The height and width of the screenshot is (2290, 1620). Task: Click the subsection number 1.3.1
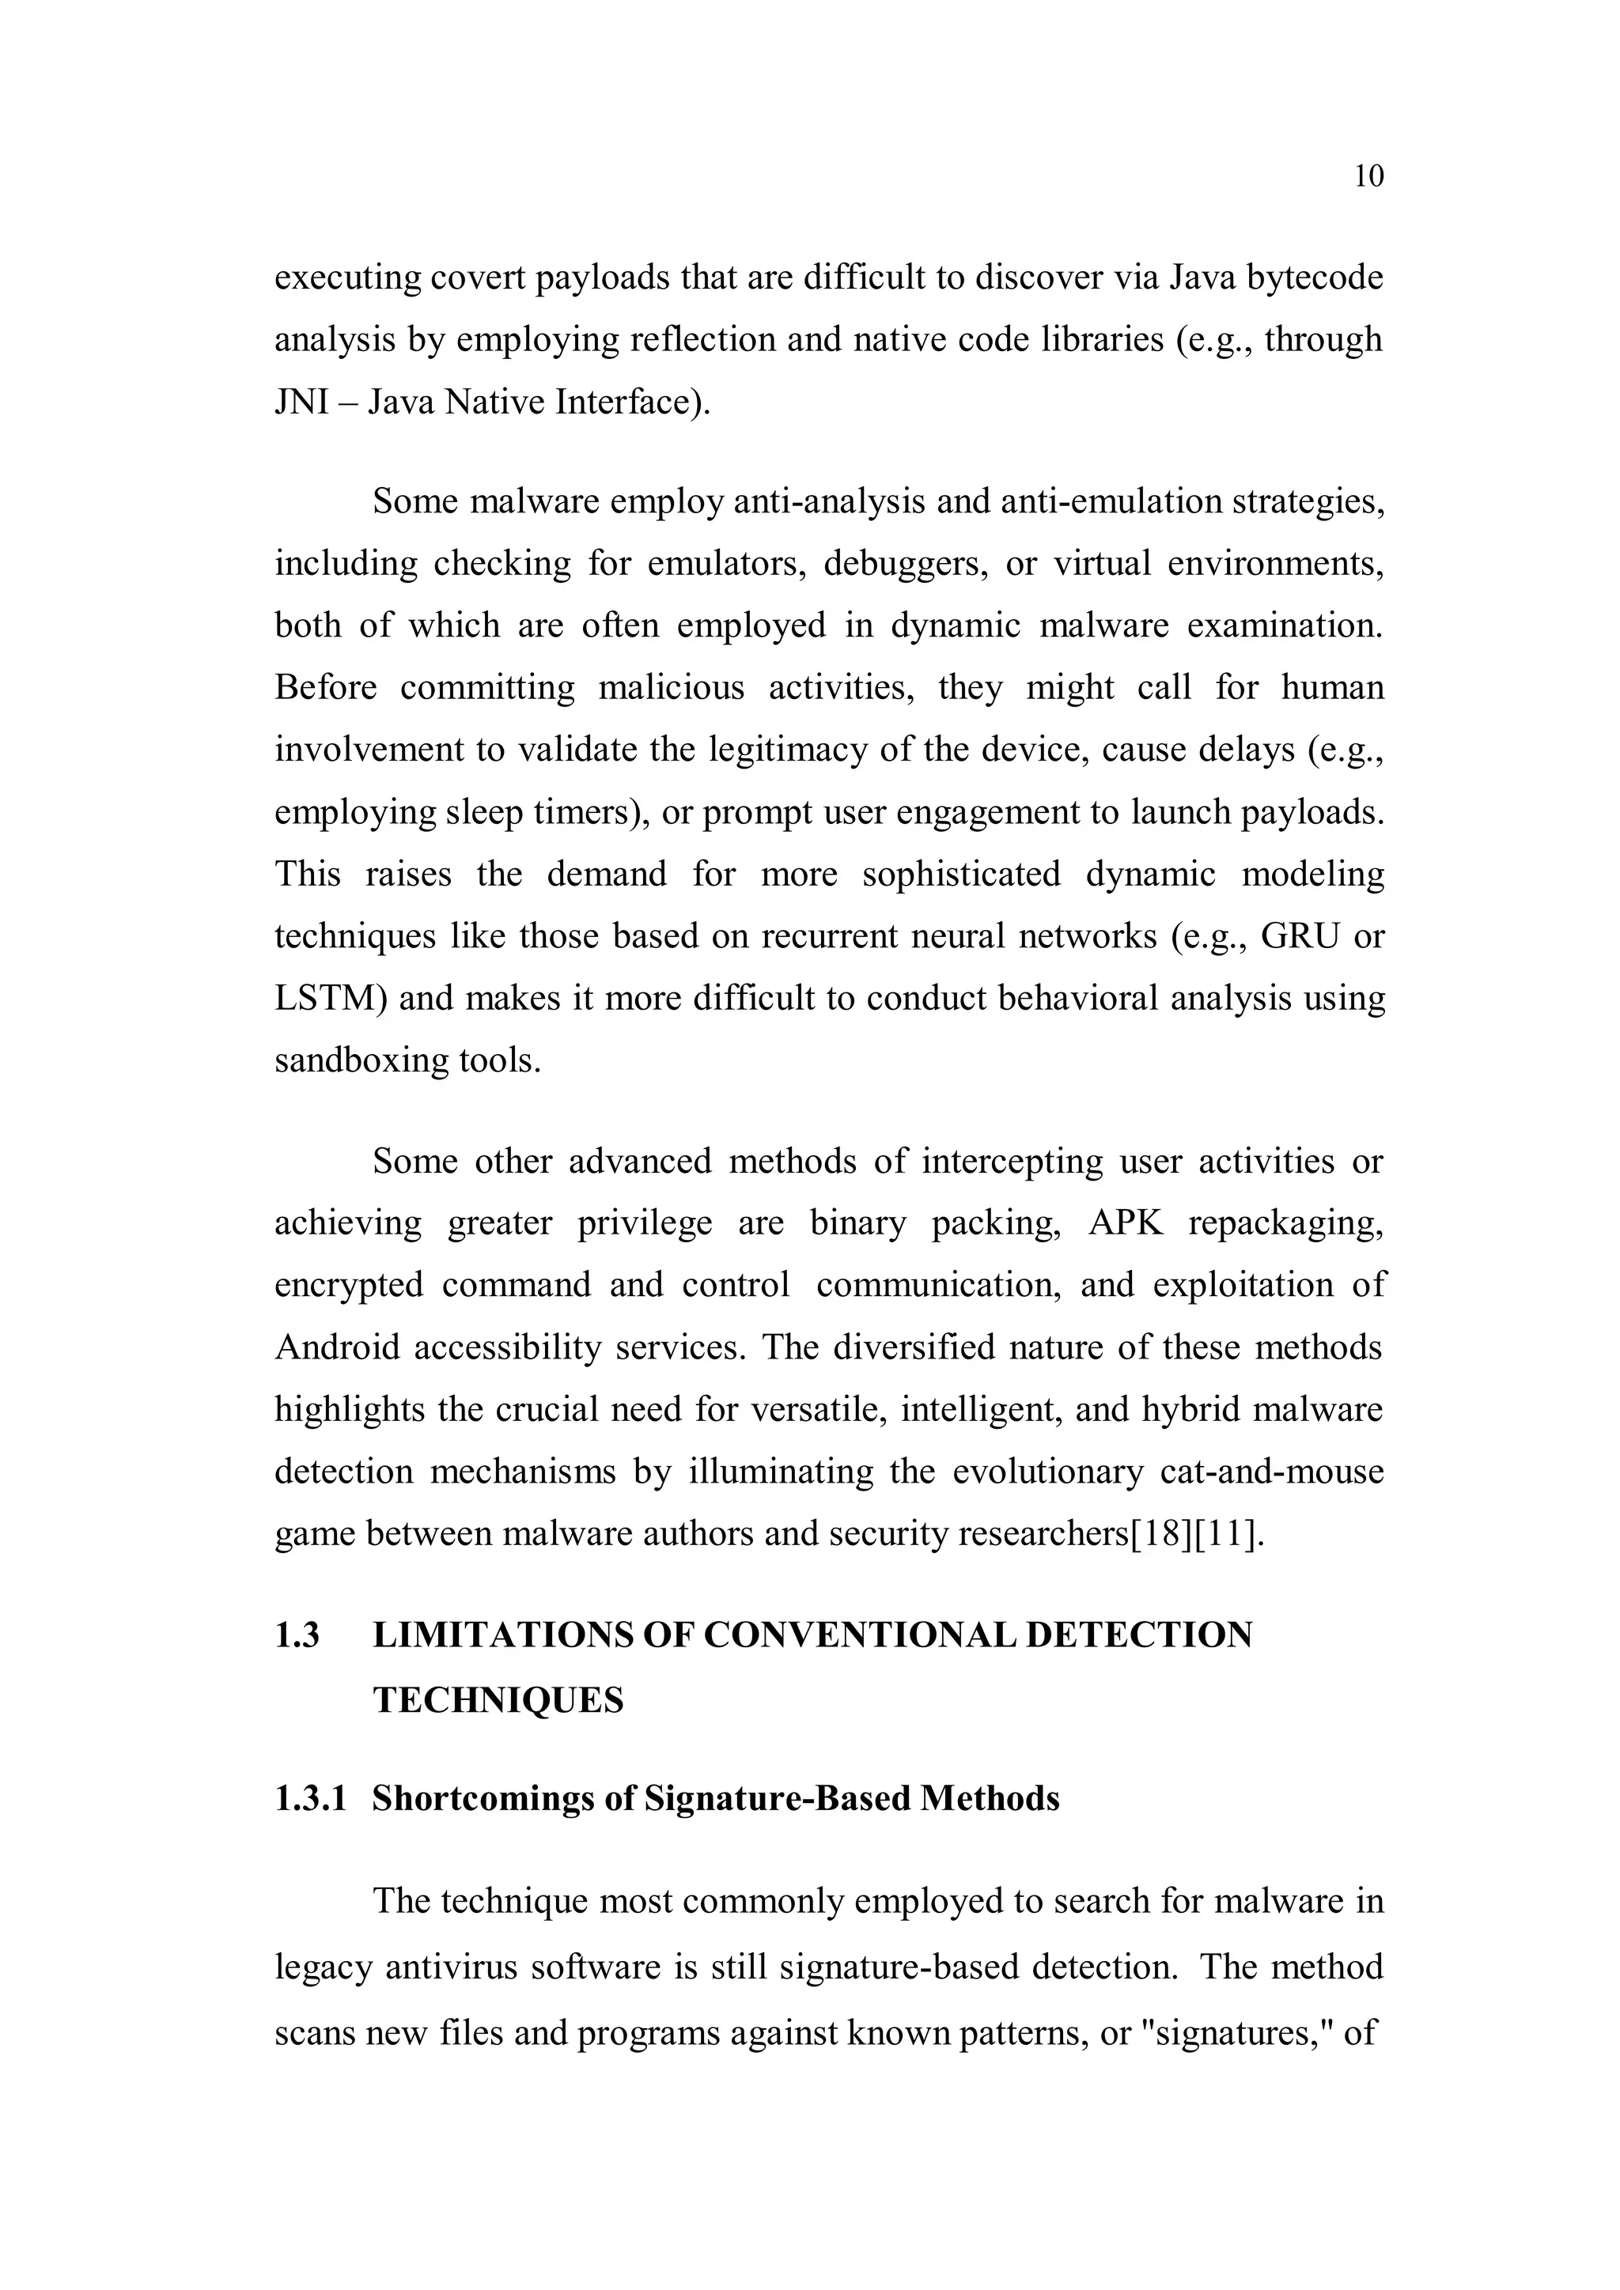pyautogui.click(x=311, y=1798)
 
